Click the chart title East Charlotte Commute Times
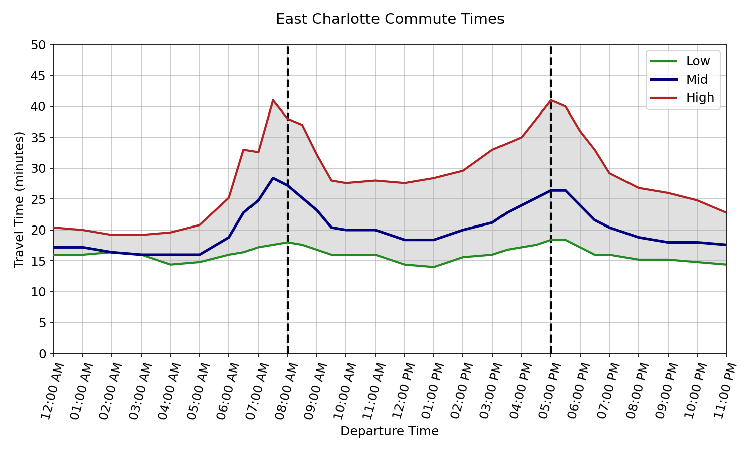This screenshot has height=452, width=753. [390, 19]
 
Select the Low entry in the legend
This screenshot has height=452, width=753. [698, 61]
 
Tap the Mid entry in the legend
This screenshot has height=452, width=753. [697, 79]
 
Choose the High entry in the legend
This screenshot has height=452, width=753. [700, 98]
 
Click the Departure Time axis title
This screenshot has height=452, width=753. [390, 431]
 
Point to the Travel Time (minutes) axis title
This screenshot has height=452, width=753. [19, 199]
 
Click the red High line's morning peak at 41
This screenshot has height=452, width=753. [273, 100]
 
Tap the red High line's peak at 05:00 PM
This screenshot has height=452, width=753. [551, 100]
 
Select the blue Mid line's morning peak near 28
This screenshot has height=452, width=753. [273, 178]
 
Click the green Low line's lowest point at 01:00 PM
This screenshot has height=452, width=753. [434, 267]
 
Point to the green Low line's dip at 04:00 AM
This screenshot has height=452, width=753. [170, 265]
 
